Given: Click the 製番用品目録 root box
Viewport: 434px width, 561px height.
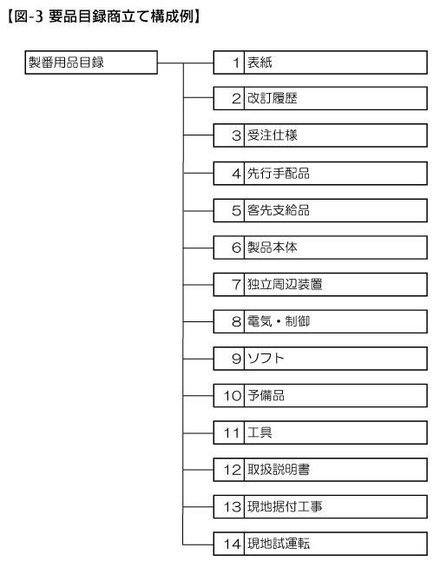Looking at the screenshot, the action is click(x=91, y=63).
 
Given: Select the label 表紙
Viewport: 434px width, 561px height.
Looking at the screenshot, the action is click(x=260, y=63).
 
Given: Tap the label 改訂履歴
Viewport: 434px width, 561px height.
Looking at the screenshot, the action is click(x=273, y=98).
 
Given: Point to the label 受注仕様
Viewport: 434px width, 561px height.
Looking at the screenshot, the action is click(x=273, y=135).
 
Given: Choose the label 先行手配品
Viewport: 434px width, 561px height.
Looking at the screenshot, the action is click(x=279, y=174).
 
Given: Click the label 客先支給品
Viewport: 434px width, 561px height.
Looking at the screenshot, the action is click(x=279, y=210).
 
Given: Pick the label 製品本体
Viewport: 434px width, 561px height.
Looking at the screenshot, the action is click(x=273, y=247).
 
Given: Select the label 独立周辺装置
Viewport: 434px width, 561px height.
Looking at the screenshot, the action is click(x=285, y=285).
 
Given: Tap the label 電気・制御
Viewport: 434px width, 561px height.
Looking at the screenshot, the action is click(x=279, y=321).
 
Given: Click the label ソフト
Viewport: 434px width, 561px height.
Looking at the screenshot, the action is click(x=266, y=359).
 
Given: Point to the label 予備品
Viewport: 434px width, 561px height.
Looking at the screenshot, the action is click(x=266, y=396).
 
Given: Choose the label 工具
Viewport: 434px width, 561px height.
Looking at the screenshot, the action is click(x=260, y=433).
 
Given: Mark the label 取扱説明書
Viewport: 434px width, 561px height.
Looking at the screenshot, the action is click(x=279, y=470).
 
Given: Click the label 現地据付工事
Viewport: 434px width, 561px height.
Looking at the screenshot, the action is click(x=285, y=507).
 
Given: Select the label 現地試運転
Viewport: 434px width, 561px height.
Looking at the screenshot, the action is click(x=279, y=544).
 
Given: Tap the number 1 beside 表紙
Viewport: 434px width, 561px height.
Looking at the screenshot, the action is click(x=236, y=63).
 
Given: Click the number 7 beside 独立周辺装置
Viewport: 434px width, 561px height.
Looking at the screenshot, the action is click(x=236, y=285).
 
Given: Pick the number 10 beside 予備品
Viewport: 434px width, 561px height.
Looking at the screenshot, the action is click(x=233, y=396).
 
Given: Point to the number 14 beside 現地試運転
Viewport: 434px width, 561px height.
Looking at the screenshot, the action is click(x=233, y=544).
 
